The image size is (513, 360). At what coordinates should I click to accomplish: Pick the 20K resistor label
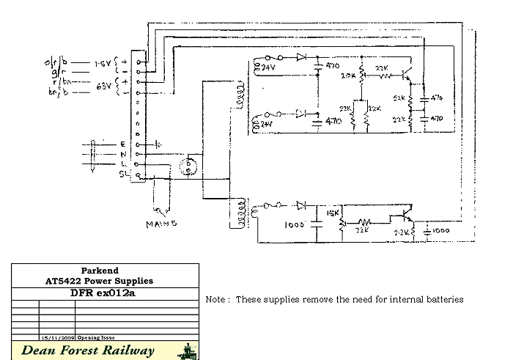coord(349,76)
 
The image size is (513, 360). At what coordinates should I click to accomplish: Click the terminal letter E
coord(122,144)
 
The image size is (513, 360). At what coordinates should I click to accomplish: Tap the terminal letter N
coord(122,154)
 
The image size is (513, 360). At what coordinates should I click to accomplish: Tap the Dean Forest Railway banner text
coord(88,350)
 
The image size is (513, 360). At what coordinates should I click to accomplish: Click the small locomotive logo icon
coord(187,350)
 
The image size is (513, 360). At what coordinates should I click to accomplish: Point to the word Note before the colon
coord(215,300)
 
